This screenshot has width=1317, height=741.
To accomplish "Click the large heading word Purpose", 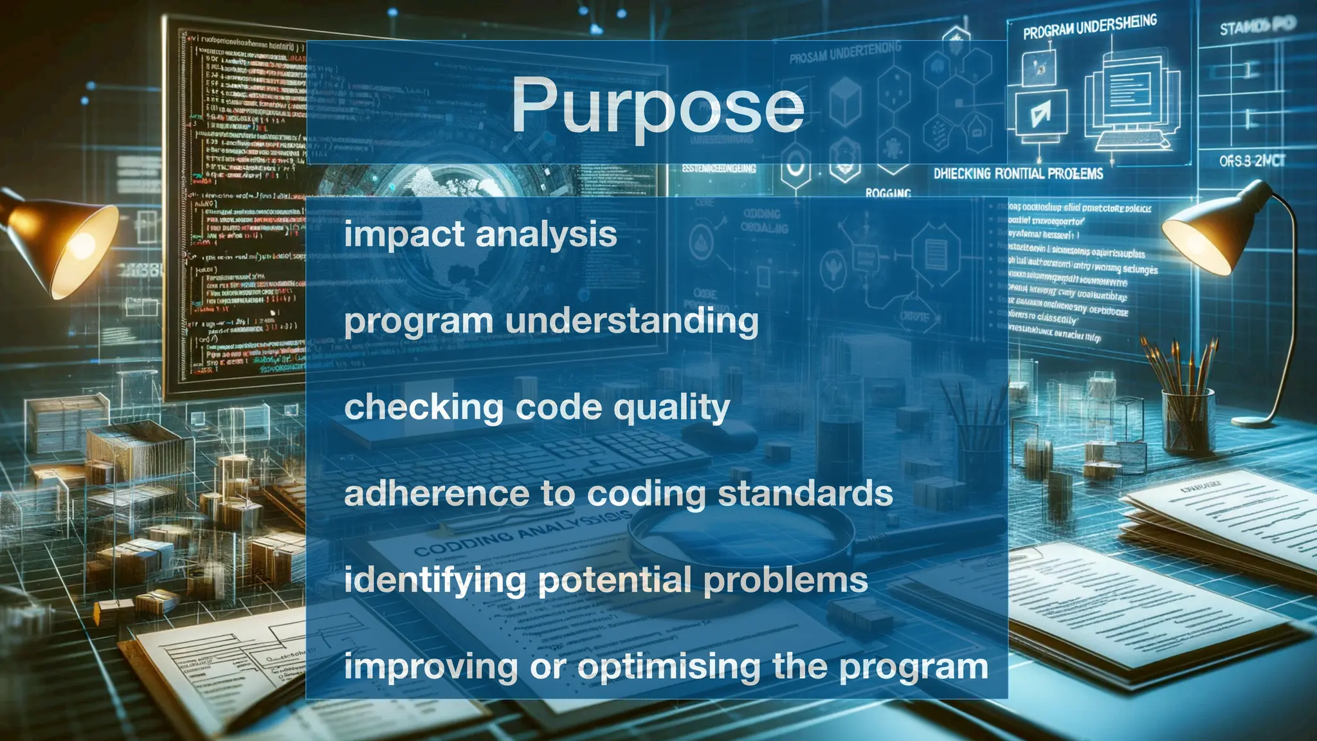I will coord(657,106).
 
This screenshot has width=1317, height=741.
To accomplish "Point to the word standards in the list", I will coord(804,494).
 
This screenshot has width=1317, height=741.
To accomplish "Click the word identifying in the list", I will coord(435,581).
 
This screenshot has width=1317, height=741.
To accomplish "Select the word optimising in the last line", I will coord(669,668).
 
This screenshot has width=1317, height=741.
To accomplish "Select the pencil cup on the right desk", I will coord(1187,418).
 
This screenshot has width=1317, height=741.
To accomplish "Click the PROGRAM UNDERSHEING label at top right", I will coord(1089,27).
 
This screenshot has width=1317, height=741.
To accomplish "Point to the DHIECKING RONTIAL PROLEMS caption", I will coord(1018,174).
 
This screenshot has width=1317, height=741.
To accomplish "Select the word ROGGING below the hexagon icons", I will coord(888,193).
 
